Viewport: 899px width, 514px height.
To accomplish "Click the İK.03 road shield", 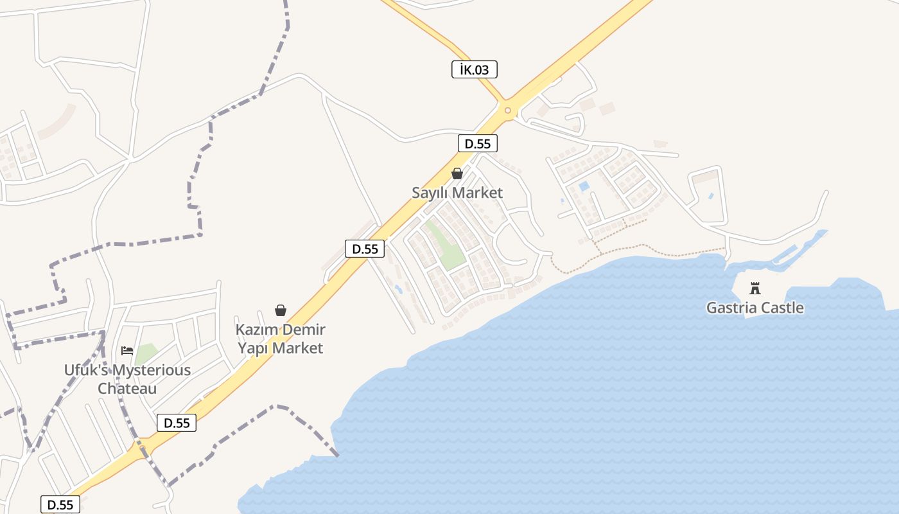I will pyautogui.click(x=475, y=69).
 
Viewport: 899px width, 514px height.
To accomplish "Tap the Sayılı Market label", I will pyautogui.click(x=457, y=193).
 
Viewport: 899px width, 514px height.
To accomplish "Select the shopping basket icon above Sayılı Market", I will pyautogui.click(x=457, y=173).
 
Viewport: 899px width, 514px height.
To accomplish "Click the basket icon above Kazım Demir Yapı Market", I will pyautogui.click(x=281, y=311).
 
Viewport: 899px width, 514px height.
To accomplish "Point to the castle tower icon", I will pyautogui.click(x=755, y=288).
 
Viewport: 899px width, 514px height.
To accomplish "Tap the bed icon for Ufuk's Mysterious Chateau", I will pyautogui.click(x=127, y=350).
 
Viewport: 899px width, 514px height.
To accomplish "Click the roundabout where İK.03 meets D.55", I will pyautogui.click(x=507, y=111).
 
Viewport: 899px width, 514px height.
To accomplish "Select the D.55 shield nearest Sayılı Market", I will pyautogui.click(x=478, y=143).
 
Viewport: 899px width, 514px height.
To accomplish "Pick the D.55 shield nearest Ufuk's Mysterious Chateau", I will pyautogui.click(x=177, y=423).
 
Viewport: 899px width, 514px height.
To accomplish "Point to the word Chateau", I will pyautogui.click(x=127, y=389).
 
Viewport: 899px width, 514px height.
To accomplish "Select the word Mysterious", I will pyautogui.click(x=153, y=371).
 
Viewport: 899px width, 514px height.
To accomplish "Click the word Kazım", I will pyautogui.click(x=256, y=330).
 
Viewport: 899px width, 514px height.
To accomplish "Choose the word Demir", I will pyautogui.click(x=303, y=330).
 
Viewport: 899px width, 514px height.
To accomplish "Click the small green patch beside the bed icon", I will pyautogui.click(x=146, y=353).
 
